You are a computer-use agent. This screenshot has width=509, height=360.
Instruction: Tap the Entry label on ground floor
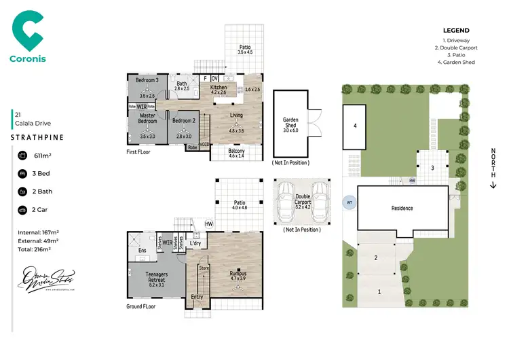(x=197, y=297)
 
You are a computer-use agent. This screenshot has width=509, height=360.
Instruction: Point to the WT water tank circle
(x=350, y=202)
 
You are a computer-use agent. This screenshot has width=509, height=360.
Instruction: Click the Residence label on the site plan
(x=402, y=208)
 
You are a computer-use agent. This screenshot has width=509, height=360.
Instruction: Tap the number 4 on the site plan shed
(x=354, y=126)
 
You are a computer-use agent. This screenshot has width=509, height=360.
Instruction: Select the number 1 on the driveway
(x=379, y=291)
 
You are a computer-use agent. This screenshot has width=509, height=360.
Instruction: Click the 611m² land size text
(x=43, y=156)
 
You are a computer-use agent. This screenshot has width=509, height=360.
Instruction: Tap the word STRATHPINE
(x=37, y=137)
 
